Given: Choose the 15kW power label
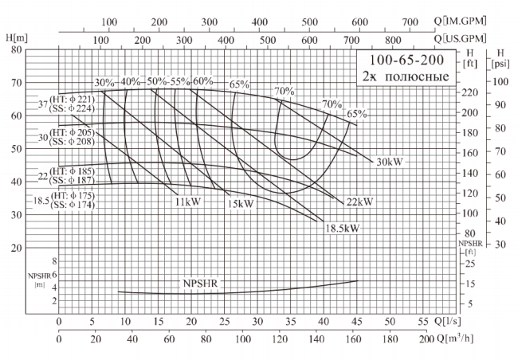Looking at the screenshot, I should tap(240, 204).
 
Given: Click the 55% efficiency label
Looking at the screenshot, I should tap(180, 82).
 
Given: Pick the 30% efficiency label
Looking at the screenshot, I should tap(104, 83).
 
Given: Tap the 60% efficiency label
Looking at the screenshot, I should tap(203, 82).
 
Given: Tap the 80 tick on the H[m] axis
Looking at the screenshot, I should tap(15, 49).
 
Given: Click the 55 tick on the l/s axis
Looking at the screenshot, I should tap(424, 321).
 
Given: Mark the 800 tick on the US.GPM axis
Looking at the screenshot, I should tap(392, 38).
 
